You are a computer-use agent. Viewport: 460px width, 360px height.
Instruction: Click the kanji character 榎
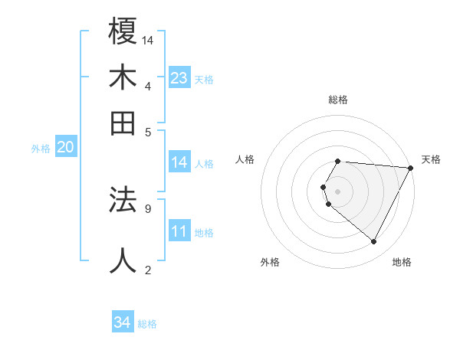point(123,31)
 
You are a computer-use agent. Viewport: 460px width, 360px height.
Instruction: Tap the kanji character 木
point(123,78)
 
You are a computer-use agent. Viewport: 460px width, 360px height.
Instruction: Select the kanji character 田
point(123,123)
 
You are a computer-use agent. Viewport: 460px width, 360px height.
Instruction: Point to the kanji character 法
point(123,200)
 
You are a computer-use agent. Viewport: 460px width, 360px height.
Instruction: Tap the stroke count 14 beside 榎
point(148,40)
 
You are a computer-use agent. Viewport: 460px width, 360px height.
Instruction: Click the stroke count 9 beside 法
point(148,208)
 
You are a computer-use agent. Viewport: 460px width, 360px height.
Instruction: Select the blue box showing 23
point(179,77)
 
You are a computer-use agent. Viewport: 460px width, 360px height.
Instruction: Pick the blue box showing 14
point(179,162)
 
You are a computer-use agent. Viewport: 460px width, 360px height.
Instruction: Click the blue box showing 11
point(179,231)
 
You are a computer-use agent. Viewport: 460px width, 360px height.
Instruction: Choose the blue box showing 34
point(122,322)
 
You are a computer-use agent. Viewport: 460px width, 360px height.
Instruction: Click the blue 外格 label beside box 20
point(41,149)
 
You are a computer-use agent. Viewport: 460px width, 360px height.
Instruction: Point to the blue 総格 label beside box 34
point(147,324)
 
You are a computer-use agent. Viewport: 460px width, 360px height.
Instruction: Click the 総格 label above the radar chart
point(338,100)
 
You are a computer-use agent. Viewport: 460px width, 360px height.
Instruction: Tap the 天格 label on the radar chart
point(431,160)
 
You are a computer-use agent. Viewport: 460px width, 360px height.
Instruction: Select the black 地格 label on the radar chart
point(402,263)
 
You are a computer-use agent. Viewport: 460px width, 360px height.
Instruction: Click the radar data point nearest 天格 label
point(411,168)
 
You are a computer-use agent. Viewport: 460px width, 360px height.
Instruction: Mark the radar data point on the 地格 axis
point(374,242)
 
